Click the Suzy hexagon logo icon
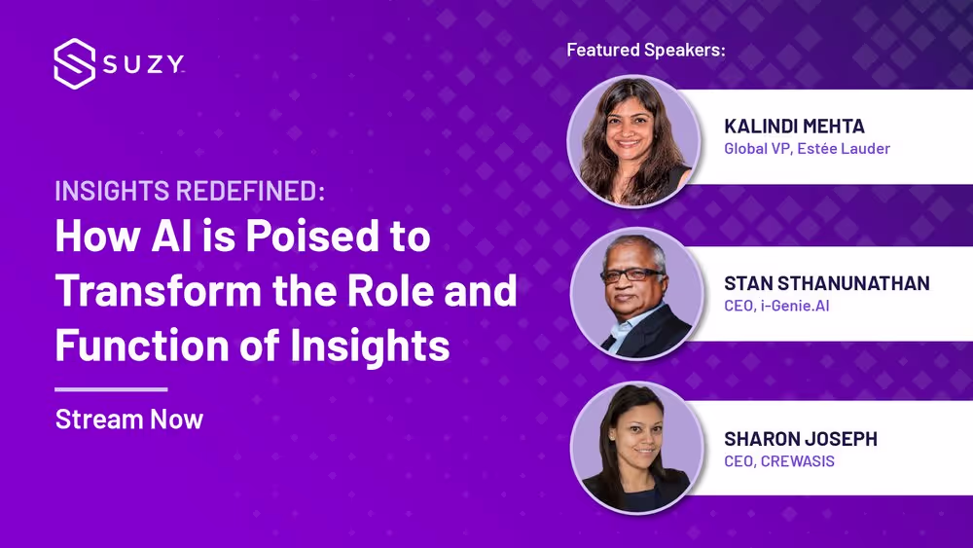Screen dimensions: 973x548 (x=75, y=64)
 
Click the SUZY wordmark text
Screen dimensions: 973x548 (x=144, y=64)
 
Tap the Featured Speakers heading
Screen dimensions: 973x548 (x=646, y=50)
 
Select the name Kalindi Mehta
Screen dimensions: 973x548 (x=794, y=126)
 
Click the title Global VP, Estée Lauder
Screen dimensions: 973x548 (x=808, y=148)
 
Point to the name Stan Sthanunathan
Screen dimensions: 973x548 (x=827, y=283)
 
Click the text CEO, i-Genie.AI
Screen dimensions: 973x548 (x=776, y=306)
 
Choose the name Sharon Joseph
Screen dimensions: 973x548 (x=801, y=439)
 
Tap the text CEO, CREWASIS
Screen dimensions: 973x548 (x=779, y=461)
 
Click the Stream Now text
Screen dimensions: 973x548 (x=129, y=420)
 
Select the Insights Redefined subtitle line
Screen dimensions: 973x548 (x=190, y=191)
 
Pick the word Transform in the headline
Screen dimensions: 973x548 (x=159, y=290)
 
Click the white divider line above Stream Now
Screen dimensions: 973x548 (x=111, y=389)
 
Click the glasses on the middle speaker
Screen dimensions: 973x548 (x=631, y=274)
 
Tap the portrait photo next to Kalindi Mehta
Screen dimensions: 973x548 (x=633, y=141)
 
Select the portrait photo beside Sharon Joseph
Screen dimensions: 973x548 (x=636, y=448)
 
